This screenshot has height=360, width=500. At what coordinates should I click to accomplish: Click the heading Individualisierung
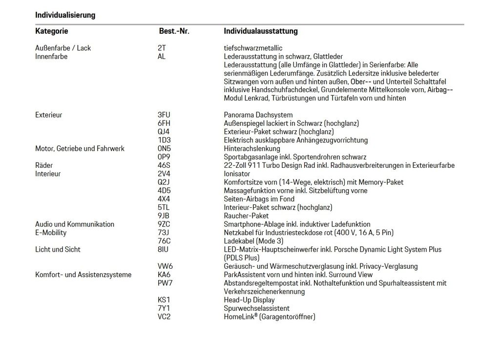coord(65,15)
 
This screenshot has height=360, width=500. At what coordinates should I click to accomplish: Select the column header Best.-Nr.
coord(174,31)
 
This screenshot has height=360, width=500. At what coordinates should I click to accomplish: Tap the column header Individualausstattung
coord(260,31)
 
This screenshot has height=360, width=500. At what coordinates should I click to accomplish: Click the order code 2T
coord(162,48)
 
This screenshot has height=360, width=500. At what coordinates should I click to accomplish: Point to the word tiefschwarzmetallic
coord(253,48)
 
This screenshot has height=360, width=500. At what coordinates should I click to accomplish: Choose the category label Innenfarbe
coord(51,57)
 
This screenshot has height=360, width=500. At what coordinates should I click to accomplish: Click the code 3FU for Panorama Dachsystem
coord(164,115)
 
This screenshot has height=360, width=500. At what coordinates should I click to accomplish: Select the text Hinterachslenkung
coord(252,149)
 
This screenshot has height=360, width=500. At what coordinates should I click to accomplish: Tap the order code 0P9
coord(164,157)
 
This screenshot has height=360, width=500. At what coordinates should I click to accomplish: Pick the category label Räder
coord(44,165)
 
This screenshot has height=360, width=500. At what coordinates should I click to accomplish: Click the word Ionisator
coord(237,174)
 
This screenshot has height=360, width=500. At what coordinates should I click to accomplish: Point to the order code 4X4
coord(164,199)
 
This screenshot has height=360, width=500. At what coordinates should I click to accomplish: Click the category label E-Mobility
coord(51,233)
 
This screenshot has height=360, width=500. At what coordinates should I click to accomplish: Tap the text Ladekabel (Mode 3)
coord(253,241)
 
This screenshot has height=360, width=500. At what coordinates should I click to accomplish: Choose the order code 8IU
coord(163,249)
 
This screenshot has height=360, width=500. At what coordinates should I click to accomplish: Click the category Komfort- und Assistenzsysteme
coord(83,275)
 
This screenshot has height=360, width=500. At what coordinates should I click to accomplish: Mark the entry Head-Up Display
coord(249,300)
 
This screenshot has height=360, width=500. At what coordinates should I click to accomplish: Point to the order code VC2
coord(165,317)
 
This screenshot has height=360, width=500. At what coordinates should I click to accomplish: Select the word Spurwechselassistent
coord(256,308)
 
